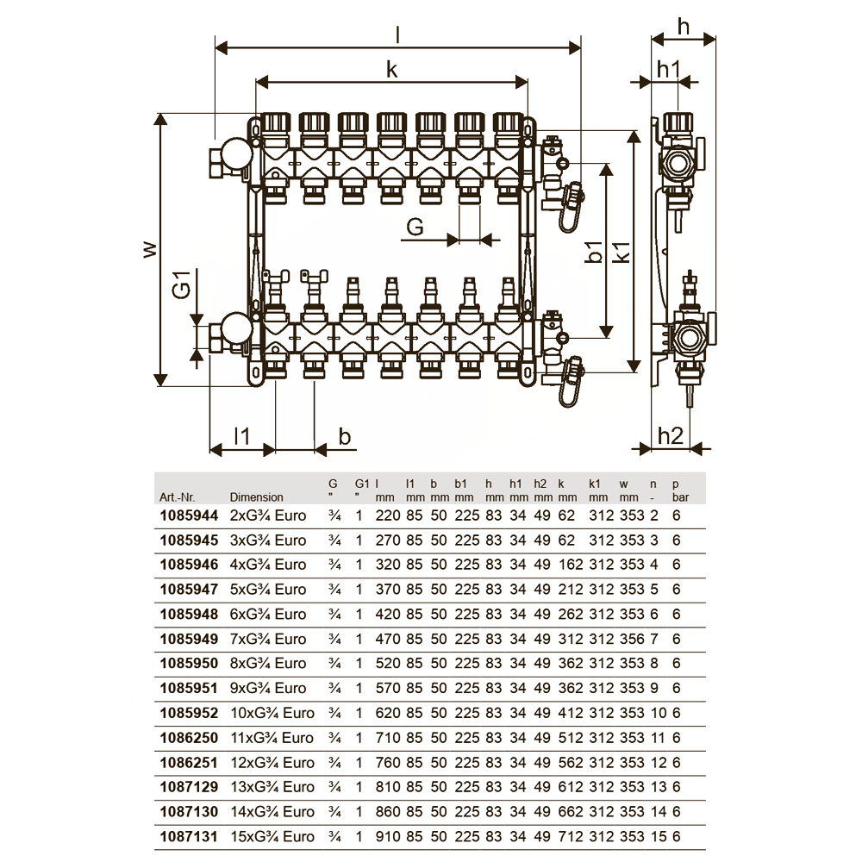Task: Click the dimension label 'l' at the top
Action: click(397, 35)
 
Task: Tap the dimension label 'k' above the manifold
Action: click(391, 70)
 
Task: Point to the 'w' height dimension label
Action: click(149, 250)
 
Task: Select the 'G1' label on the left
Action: click(181, 284)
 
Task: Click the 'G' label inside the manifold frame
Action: click(415, 227)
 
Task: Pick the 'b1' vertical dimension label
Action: click(594, 251)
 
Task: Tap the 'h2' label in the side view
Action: click(670, 436)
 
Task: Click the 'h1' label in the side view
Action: click(669, 70)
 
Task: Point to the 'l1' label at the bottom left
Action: click(242, 436)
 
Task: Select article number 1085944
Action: click(189, 515)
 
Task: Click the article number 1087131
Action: click(189, 837)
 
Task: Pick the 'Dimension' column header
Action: click(256, 497)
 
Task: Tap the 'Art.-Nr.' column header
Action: click(177, 497)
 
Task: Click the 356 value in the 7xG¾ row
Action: click(632, 639)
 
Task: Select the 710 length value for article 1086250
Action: click(388, 738)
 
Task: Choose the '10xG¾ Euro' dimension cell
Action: click(272, 713)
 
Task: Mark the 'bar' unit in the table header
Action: click(680, 497)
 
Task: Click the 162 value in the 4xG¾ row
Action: click(570, 565)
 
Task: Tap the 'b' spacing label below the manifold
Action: click(344, 436)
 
